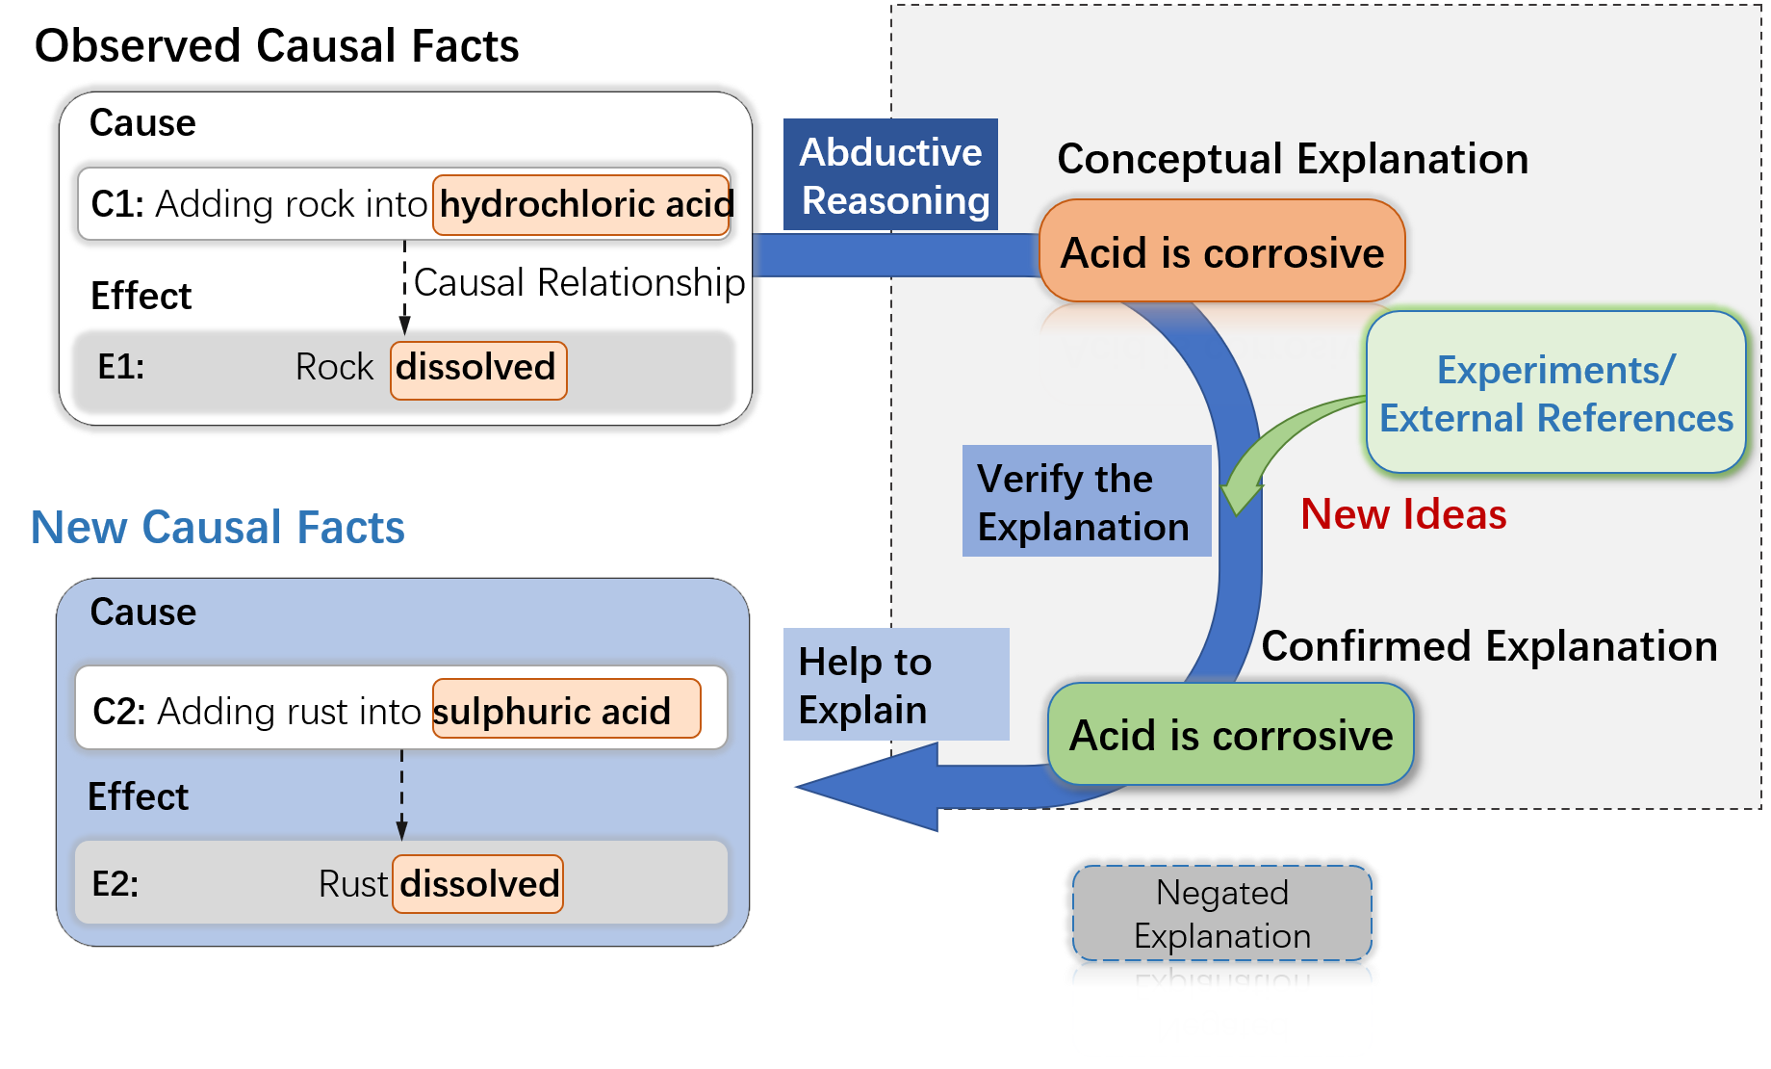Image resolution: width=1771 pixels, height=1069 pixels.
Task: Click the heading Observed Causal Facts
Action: [276, 45]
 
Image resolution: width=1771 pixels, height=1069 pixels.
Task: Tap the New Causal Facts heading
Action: [218, 527]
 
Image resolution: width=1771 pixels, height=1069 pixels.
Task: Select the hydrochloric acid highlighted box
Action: [581, 204]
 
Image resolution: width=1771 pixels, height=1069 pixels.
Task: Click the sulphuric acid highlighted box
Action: [566, 709]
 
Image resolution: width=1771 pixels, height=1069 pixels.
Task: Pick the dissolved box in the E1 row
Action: [478, 370]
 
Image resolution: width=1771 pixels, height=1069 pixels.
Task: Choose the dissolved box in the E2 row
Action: [478, 883]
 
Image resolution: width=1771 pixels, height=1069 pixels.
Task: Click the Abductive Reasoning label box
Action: [890, 174]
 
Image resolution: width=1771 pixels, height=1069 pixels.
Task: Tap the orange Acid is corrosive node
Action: [1221, 251]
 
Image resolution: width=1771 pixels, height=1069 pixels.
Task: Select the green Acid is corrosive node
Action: [1230, 734]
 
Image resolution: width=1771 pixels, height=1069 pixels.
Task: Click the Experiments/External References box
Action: [1555, 392]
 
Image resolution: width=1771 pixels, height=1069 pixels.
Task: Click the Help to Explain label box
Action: [896, 684]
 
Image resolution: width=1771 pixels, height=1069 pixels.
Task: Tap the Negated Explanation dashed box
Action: [1222, 913]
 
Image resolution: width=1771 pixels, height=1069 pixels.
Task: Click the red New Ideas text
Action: [1403, 514]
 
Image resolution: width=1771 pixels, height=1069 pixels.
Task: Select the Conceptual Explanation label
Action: [1293, 159]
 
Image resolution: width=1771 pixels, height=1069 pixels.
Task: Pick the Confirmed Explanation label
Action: [1489, 646]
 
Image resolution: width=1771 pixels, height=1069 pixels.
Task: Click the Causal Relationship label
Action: [579, 282]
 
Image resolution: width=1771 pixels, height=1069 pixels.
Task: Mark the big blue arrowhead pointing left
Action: [866, 787]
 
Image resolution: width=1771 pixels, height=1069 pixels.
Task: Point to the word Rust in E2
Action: [353, 884]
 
